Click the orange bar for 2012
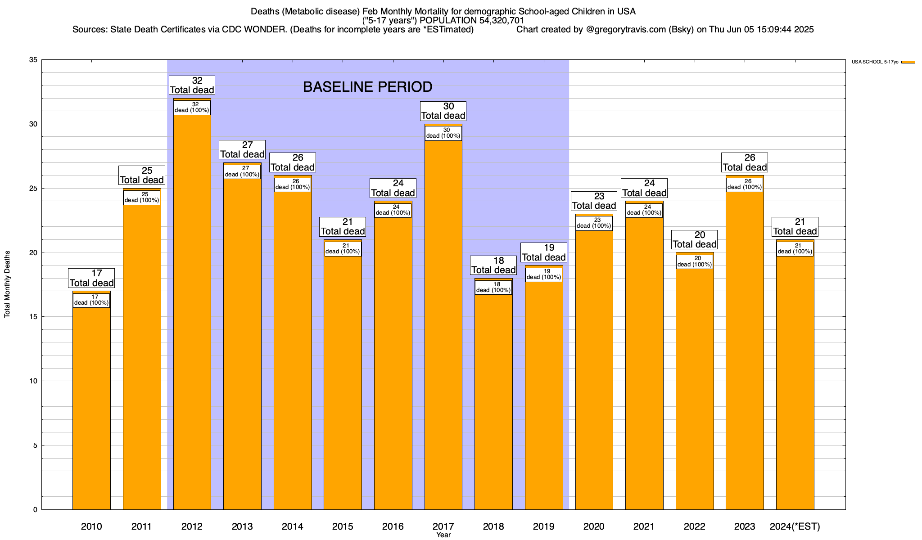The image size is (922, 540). tap(192, 304)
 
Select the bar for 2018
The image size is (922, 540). tap(493, 394)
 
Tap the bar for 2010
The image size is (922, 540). tap(91, 400)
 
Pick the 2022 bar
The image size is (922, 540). tap(695, 381)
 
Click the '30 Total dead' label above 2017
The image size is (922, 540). tap(443, 111)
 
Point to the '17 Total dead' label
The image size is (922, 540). tap(91, 278)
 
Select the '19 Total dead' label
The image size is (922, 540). tap(544, 252)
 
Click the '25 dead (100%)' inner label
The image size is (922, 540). tap(142, 198)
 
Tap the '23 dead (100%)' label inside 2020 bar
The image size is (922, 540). tap(594, 223)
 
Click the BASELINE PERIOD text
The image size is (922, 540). tap(367, 87)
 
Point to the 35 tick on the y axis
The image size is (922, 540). tap(33, 60)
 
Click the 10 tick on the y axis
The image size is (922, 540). tap(33, 381)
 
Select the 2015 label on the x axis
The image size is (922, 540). tap(343, 526)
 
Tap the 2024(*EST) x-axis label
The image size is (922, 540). tap(795, 526)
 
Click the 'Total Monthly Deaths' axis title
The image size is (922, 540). tap(7, 284)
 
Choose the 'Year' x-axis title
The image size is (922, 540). tap(443, 535)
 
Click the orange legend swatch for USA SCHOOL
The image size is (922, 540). tap(908, 62)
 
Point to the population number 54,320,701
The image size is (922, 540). tap(498, 21)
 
